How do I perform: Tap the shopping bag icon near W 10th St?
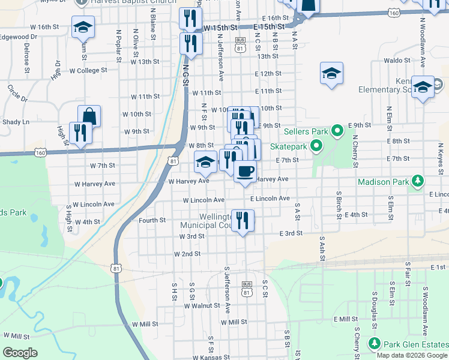[x=89, y=116]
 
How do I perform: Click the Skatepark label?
[x=288, y=146]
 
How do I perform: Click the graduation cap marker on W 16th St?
[x=83, y=26]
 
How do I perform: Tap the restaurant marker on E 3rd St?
[x=243, y=220]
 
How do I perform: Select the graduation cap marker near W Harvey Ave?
[x=205, y=162]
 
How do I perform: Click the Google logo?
[x=20, y=352]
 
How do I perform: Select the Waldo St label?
[x=397, y=61]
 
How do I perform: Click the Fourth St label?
[x=152, y=220]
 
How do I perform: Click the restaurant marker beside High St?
[x=79, y=133]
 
